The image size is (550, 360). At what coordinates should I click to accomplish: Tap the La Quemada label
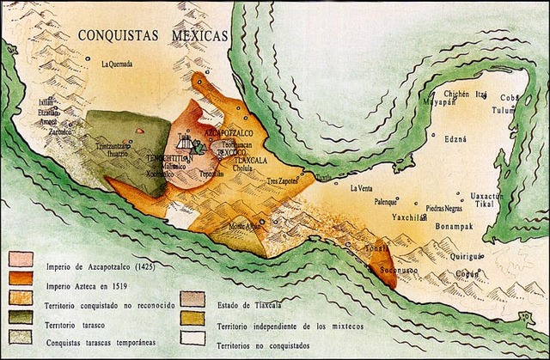click(x=116, y=64)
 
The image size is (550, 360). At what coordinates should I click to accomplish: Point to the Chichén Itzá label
click(x=467, y=94)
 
